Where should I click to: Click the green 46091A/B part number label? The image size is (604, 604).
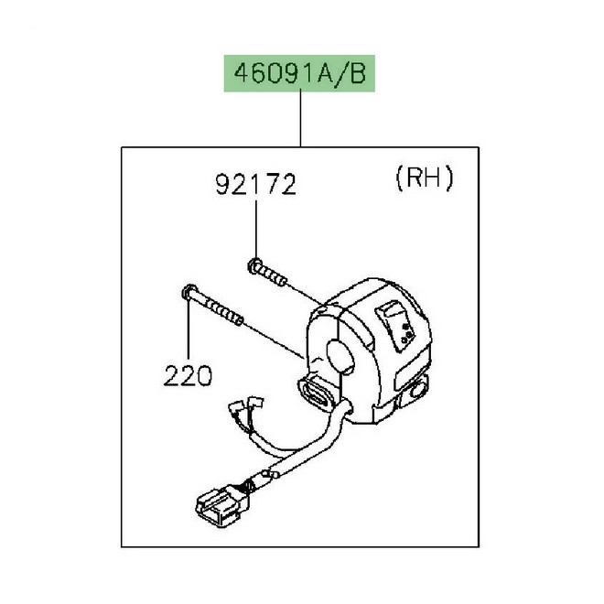tap(299, 73)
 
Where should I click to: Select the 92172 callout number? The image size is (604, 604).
tap(255, 185)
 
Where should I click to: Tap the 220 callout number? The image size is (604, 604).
tap(188, 375)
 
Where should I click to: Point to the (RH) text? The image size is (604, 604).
tap(425, 178)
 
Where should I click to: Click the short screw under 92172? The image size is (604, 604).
tap(267, 273)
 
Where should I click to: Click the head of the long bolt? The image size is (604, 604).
tap(189, 292)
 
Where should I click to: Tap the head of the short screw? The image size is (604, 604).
tap(253, 265)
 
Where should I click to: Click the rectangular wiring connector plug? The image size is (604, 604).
tap(222, 504)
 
